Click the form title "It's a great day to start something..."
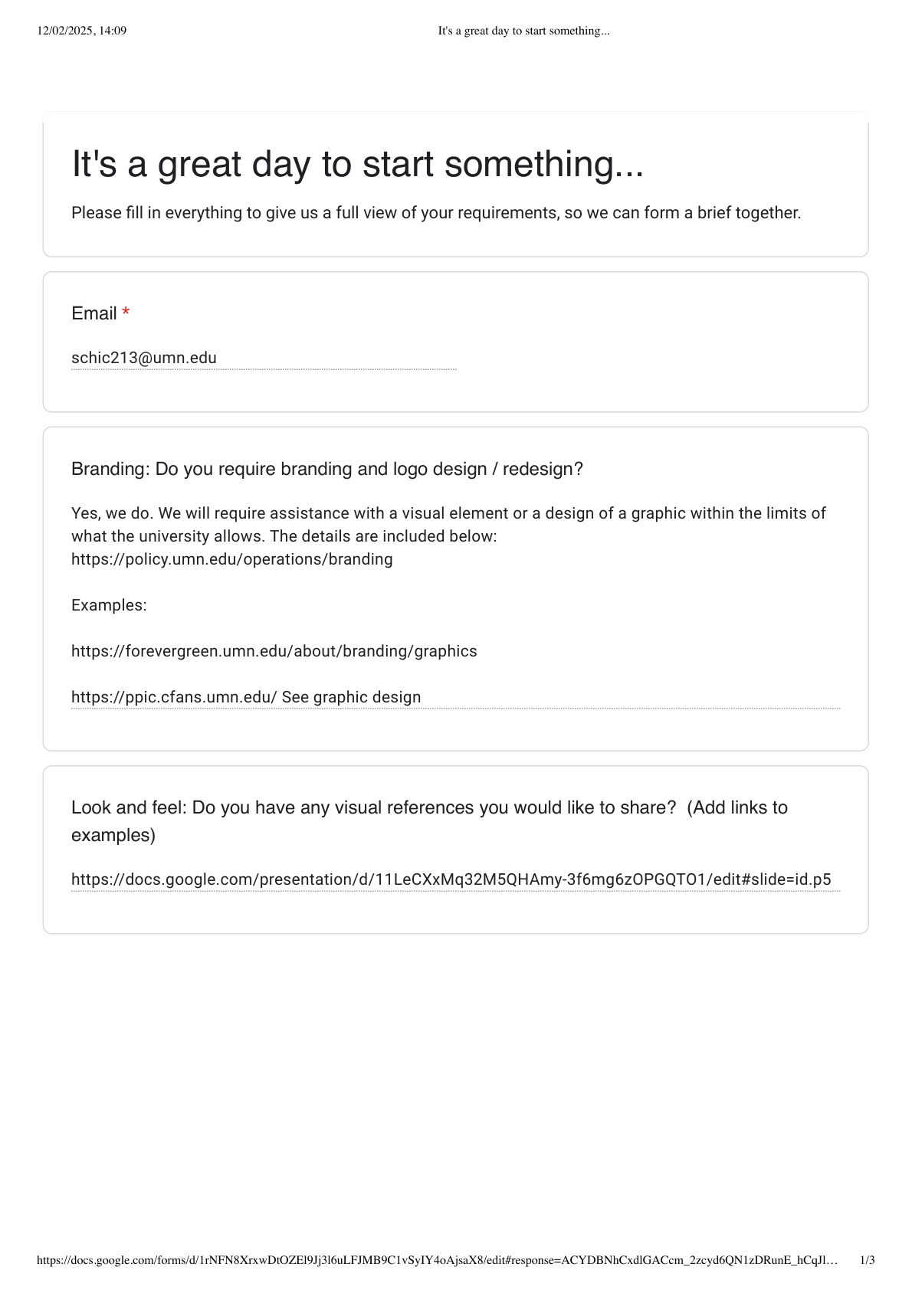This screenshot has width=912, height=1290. tap(357, 164)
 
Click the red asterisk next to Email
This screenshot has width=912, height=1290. tap(126, 313)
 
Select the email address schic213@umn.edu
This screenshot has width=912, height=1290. tap(144, 358)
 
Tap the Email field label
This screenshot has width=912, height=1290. tap(93, 313)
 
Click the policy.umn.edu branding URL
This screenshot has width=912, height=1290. tap(231, 559)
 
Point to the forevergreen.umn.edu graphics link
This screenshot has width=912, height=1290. tap(274, 651)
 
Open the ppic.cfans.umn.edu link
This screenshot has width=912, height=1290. tap(174, 697)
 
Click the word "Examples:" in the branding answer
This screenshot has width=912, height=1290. tap(109, 605)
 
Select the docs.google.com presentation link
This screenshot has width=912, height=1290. tap(451, 879)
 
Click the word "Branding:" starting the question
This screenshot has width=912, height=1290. tap(110, 469)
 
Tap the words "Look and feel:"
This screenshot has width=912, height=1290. tap(129, 807)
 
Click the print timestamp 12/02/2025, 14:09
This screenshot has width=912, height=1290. tap(81, 31)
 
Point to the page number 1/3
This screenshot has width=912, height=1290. tap(867, 1260)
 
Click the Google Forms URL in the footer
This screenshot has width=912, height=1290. tap(437, 1260)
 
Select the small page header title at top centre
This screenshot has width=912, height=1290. tap(523, 31)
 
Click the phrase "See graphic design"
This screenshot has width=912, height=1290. tap(351, 697)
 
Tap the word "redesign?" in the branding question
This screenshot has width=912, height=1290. tap(543, 469)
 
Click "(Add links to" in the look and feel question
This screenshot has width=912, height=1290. tap(737, 807)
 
